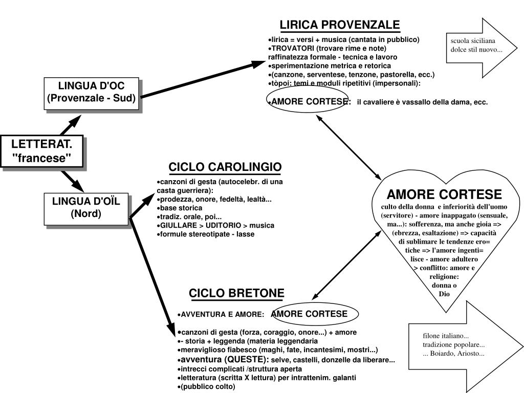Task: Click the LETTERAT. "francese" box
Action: tap(41, 150)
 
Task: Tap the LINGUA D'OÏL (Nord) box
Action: tap(85, 207)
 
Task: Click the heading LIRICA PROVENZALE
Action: tap(339, 25)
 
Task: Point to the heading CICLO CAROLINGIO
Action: tap(225, 168)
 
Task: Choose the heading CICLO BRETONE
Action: tap(236, 293)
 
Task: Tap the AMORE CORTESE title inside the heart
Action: tap(444, 194)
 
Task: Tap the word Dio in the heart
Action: tap(444, 294)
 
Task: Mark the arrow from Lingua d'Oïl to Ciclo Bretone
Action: tap(152, 271)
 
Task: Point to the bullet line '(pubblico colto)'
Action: tap(207, 386)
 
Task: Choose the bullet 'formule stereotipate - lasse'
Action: tap(207, 234)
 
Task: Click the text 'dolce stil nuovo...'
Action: tap(476, 50)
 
